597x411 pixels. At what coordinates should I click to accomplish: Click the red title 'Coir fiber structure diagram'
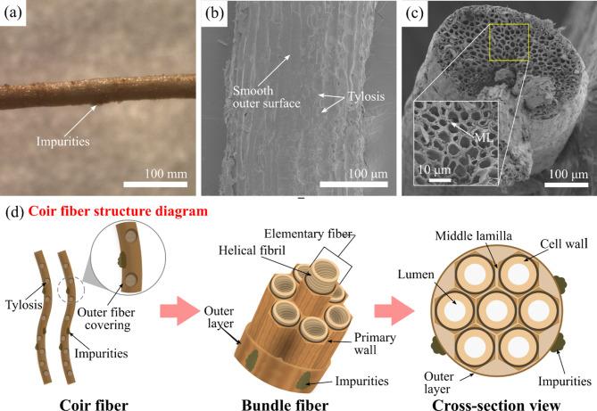click(x=118, y=211)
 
